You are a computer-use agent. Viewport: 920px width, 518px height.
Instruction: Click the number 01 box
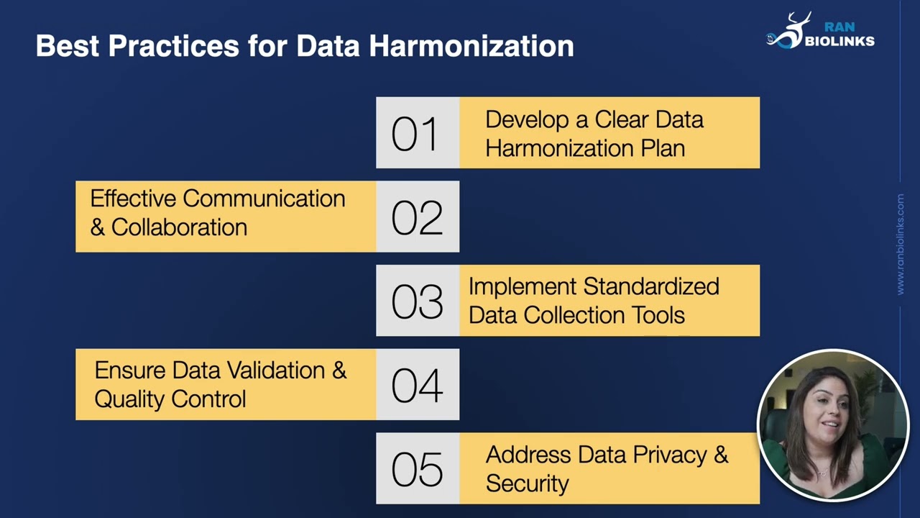tap(417, 133)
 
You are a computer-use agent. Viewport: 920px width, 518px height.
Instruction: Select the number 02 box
tap(417, 217)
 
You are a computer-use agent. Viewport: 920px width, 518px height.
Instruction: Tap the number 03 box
tap(417, 301)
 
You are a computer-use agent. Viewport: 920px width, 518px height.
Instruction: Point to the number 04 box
tap(417, 385)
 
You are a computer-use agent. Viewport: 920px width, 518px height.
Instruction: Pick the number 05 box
tap(417, 469)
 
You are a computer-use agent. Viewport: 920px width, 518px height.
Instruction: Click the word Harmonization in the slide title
tap(471, 46)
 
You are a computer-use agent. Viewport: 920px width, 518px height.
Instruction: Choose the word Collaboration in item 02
tap(179, 227)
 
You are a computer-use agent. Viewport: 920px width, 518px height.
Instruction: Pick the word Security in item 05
tap(527, 483)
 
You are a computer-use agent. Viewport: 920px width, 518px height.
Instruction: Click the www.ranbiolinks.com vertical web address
tap(901, 244)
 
